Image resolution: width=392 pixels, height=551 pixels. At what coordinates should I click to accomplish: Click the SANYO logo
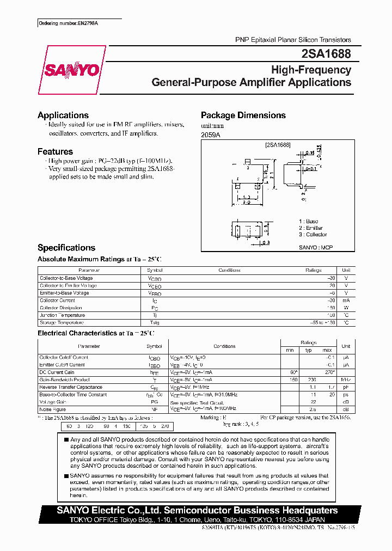click(x=71, y=70)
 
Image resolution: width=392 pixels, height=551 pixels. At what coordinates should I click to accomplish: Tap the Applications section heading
click(x=63, y=115)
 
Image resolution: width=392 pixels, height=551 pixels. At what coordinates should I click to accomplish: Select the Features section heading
click(x=55, y=152)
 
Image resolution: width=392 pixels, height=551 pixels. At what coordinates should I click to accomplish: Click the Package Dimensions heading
click(x=243, y=115)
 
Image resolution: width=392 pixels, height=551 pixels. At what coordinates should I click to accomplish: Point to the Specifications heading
click(x=66, y=248)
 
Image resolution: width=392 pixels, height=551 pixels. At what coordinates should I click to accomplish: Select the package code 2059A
click(x=211, y=135)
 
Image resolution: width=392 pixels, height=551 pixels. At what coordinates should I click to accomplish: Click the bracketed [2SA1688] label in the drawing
click(x=278, y=145)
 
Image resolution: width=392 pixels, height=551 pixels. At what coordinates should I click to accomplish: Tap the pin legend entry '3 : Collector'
click(x=313, y=235)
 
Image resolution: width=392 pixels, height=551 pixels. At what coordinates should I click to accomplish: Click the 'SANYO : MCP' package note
click(x=315, y=248)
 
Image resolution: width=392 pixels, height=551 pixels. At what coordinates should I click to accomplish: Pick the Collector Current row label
click(x=57, y=301)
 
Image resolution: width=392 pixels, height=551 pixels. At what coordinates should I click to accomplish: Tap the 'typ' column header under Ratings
click(x=309, y=350)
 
